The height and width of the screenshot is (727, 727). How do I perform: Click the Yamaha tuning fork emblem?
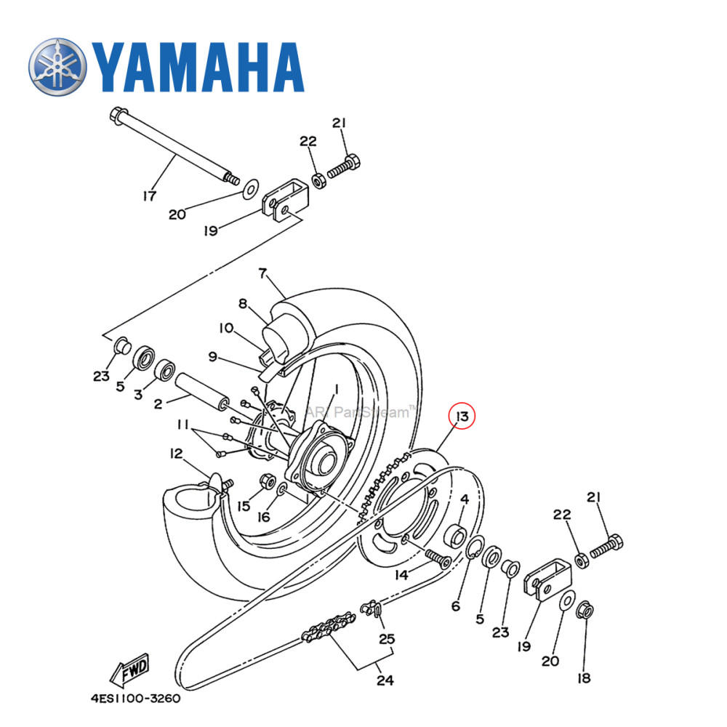58,67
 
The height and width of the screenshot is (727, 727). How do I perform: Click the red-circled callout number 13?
461,417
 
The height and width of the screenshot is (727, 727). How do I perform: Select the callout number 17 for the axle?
150,196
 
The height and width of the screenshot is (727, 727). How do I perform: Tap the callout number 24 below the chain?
385,680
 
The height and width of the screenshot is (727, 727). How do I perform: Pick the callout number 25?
387,640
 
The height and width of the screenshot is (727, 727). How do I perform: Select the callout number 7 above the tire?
262,274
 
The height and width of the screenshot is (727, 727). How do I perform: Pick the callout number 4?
465,499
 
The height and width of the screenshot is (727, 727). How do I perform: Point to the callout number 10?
225,328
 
